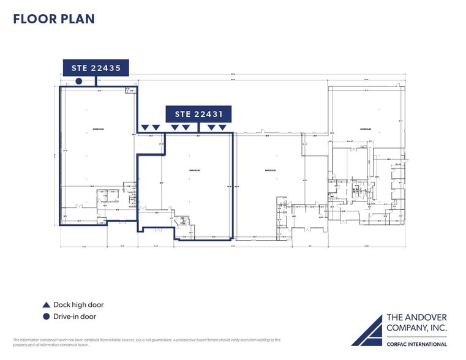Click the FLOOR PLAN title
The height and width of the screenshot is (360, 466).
[x=54, y=19]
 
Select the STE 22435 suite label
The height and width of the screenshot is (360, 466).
[x=96, y=68]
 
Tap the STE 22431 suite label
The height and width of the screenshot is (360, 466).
[x=198, y=114]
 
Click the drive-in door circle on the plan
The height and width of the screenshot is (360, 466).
[x=78, y=81]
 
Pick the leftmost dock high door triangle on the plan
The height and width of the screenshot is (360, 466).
[x=145, y=127]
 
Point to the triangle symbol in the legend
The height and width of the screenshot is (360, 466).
[x=46, y=305]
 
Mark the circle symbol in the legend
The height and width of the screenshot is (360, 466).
[x=46, y=317]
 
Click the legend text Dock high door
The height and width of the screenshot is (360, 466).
[x=78, y=305]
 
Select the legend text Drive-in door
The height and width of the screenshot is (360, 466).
[x=75, y=317]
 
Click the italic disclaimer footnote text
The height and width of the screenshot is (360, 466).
[x=147, y=342]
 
